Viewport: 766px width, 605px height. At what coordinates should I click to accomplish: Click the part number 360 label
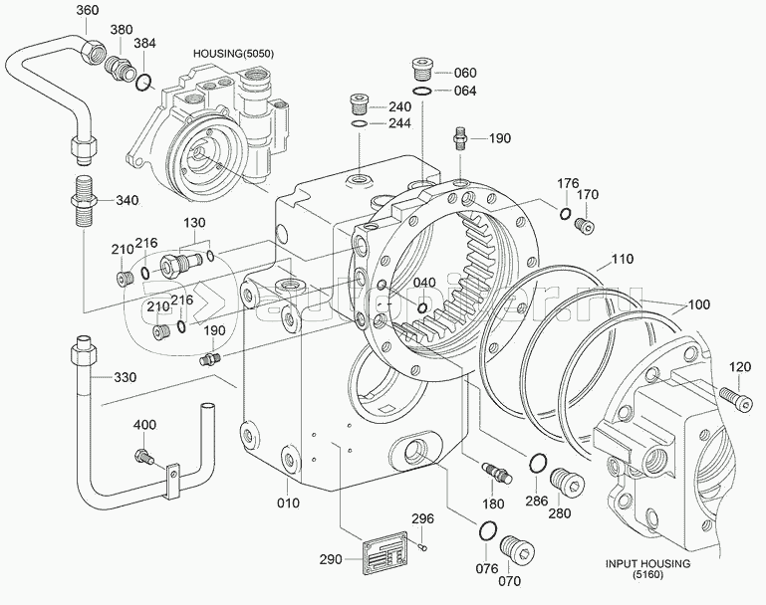[x=88, y=10]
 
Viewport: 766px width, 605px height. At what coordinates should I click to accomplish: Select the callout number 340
[x=127, y=200]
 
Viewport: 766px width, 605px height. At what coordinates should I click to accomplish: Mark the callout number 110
[x=622, y=259]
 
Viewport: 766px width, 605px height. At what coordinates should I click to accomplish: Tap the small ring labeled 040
[x=423, y=307]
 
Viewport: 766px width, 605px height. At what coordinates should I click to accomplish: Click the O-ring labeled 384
[x=145, y=80]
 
